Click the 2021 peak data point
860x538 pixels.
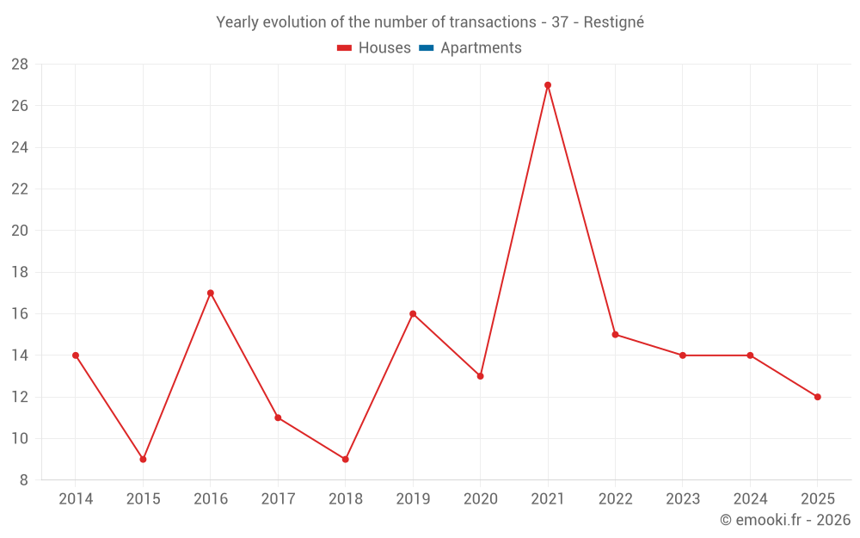tap(547, 85)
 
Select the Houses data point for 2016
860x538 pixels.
tap(211, 294)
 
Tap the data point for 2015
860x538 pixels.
tap(143, 460)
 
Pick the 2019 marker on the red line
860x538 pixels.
tap(413, 314)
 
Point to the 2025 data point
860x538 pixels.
tap(817, 397)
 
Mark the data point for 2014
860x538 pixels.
tap(76, 356)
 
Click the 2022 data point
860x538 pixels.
tap(615, 334)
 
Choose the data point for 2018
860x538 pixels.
tap(346, 460)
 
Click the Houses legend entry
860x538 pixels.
tap(374, 47)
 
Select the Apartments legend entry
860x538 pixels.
tap(470, 47)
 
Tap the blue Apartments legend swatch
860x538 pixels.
tap(427, 48)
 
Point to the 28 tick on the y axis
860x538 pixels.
tap(20, 65)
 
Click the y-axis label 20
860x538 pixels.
tap(20, 231)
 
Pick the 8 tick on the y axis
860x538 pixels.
tap(23, 480)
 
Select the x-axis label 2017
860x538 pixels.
tap(278, 498)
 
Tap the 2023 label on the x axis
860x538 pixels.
tap(683, 498)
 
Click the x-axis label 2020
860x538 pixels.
tap(481, 498)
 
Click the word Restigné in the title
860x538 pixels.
tap(614, 22)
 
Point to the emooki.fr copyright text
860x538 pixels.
tap(785, 519)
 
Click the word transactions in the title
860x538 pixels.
tap(493, 22)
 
